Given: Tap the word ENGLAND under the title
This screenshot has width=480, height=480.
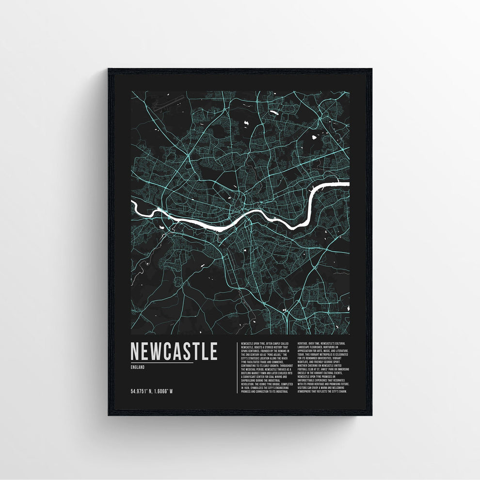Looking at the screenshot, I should pyautogui.click(x=137, y=367).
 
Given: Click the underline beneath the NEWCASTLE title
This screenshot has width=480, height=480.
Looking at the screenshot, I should pyautogui.click(x=162, y=362).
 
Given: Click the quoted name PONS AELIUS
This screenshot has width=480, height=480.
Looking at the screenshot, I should pyautogui.click(x=277, y=355).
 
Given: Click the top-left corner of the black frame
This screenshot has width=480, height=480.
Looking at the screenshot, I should pyautogui.click(x=109, y=69).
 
